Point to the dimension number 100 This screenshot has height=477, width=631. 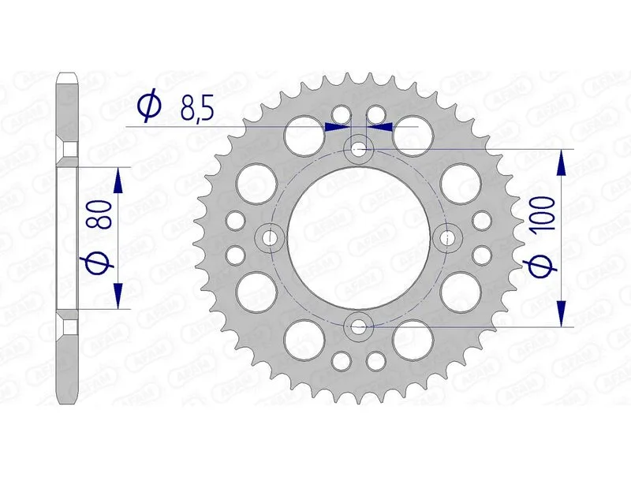coord(543,214)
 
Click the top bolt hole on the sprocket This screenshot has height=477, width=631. coord(360,148)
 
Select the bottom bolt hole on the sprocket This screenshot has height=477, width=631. coord(360,325)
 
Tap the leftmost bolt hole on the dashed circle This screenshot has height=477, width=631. coord(271,237)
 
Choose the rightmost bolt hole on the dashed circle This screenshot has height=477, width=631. coord(449,237)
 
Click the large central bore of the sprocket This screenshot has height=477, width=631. coord(360,237)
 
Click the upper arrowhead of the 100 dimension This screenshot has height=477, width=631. coord(562,162)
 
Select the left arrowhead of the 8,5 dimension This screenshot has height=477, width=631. coord(339,125)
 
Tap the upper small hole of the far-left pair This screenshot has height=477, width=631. coord(235,219)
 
